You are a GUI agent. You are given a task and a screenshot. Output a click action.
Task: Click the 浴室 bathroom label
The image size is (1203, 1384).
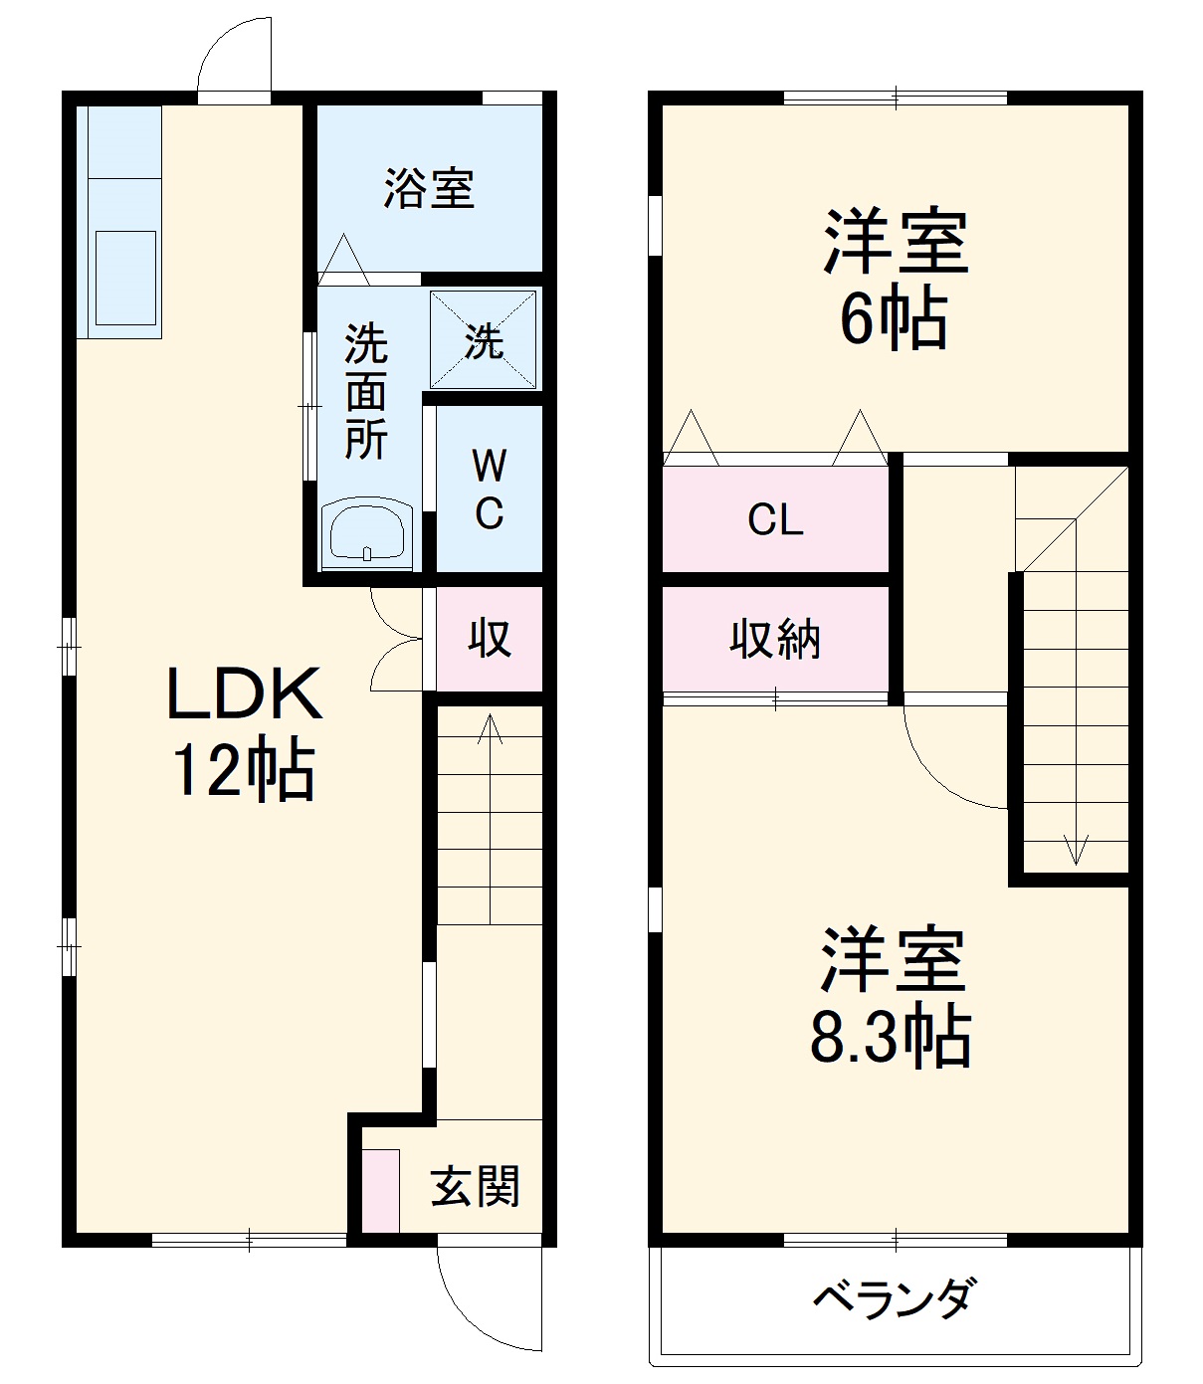pos(429,189)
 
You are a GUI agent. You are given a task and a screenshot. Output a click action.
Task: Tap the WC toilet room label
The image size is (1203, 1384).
pos(489,489)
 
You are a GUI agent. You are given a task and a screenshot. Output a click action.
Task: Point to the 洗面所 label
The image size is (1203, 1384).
pos(365,393)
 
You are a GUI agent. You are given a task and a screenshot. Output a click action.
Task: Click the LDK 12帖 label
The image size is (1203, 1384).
pos(244,733)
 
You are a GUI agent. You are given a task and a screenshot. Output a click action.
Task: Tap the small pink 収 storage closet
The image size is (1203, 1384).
pos(490,638)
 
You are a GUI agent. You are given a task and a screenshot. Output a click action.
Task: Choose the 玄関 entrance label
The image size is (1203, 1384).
pos(475,1186)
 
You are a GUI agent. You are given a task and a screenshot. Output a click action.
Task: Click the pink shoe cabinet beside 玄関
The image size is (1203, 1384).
pos(379,1191)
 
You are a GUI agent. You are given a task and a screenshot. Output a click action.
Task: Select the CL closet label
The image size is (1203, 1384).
pos(775,519)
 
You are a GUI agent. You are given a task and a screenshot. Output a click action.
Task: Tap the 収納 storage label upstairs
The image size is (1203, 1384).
pos(775,639)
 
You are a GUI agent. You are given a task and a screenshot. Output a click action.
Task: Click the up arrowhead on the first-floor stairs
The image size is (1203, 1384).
pos(489,723)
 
